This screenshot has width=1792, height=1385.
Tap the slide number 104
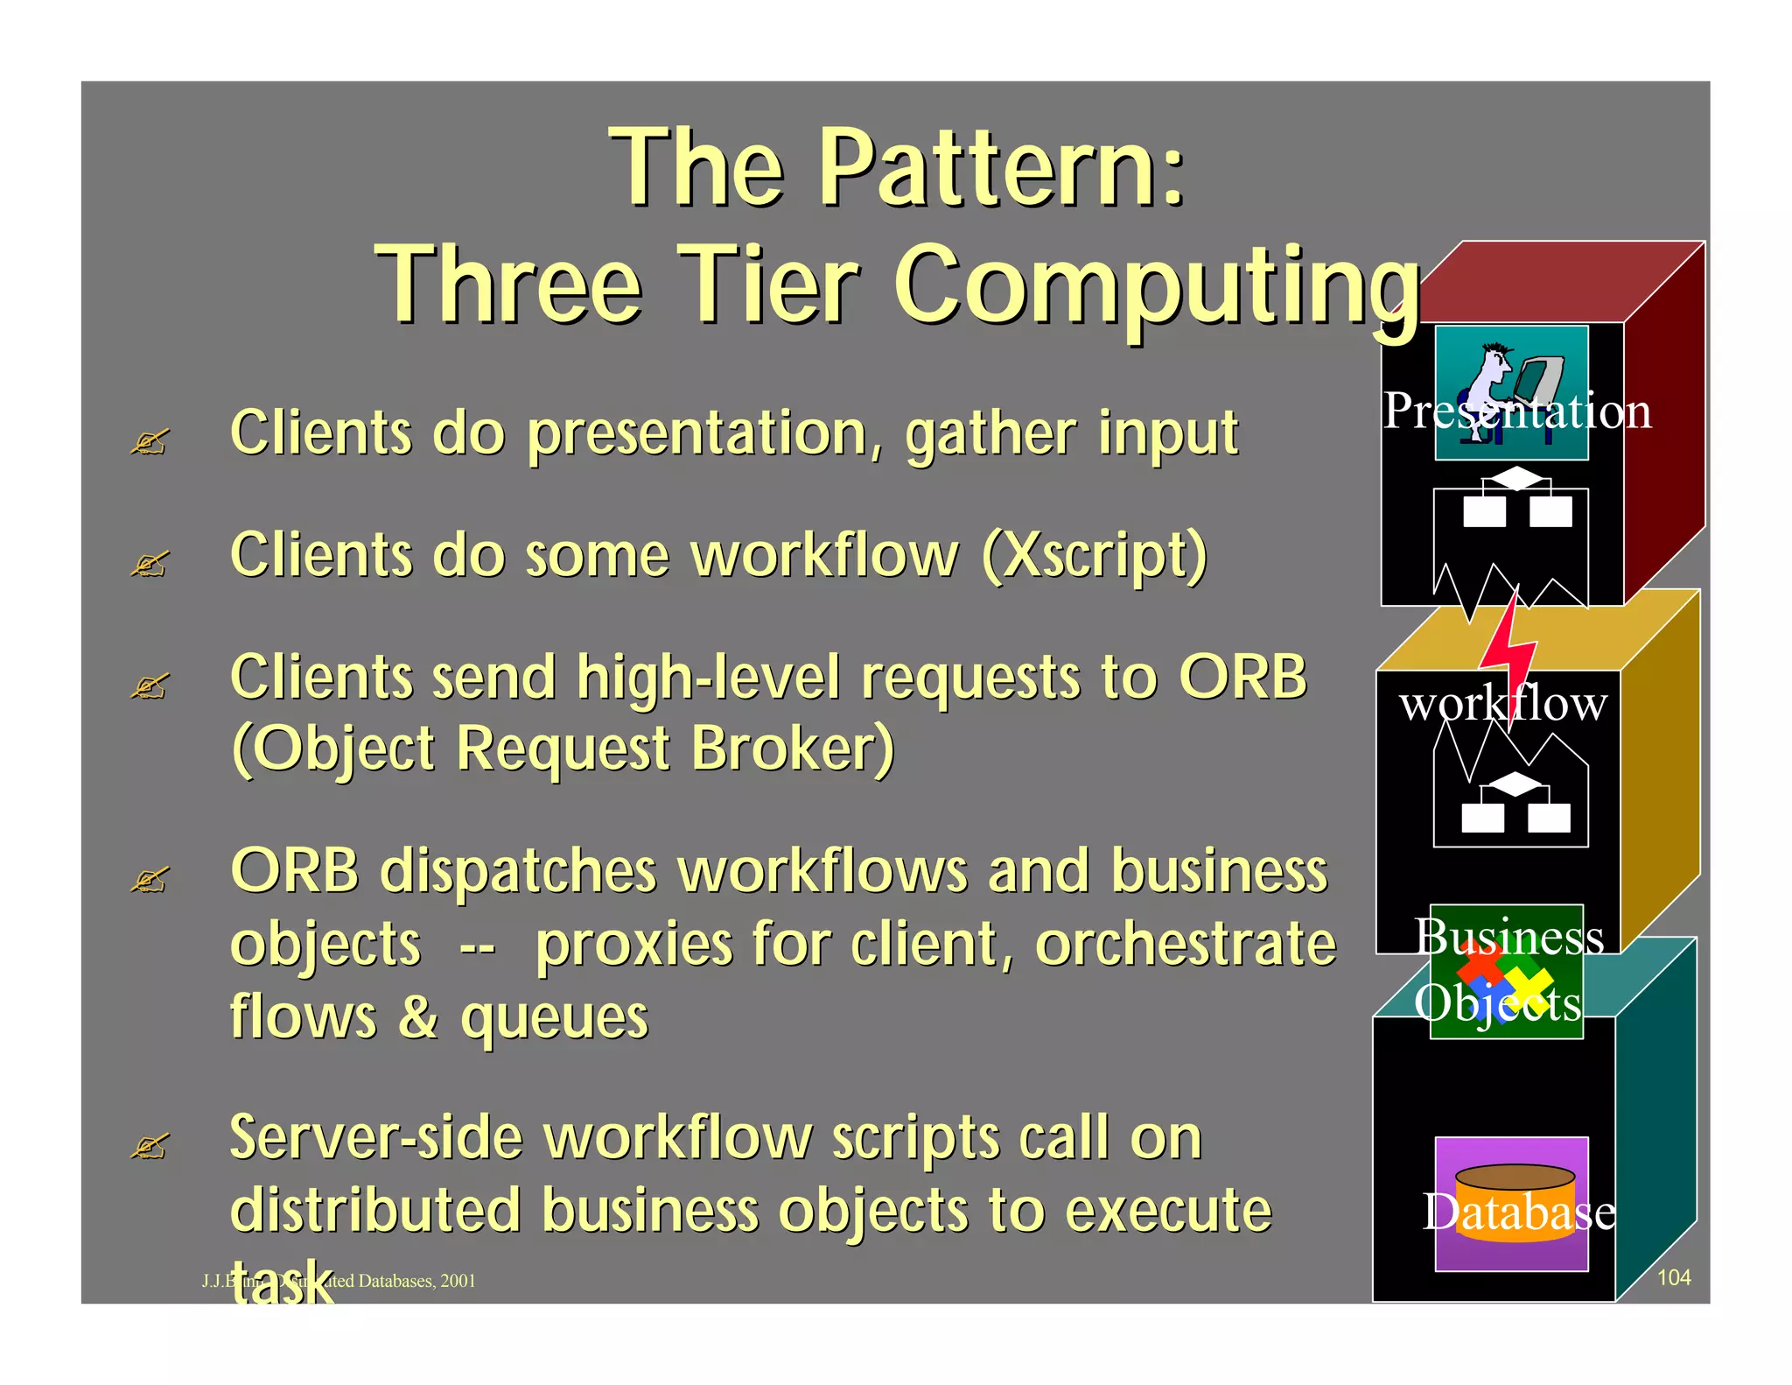point(1673,1277)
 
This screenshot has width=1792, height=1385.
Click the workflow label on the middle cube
point(1502,703)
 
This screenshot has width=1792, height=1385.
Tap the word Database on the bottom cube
point(1518,1213)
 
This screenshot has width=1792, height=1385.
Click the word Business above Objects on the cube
point(1508,937)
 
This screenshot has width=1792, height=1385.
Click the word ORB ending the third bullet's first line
point(1242,678)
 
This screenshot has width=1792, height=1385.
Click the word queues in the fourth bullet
point(554,1017)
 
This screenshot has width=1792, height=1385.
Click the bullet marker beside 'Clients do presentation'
point(148,443)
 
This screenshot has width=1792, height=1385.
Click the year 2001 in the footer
point(458,1281)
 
